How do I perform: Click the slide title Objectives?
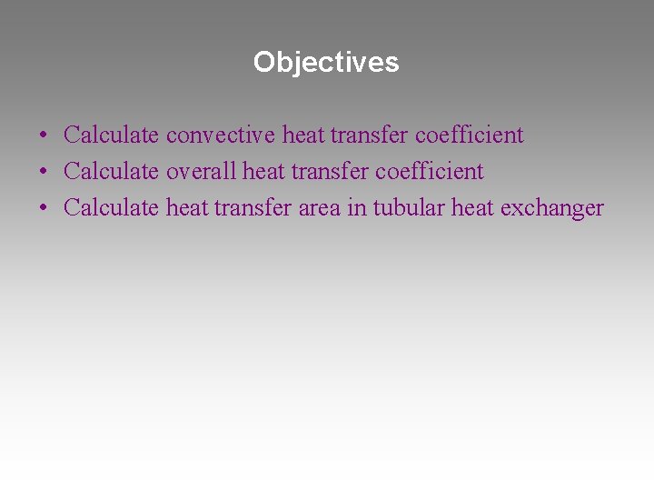[x=326, y=62]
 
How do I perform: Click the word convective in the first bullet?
[x=221, y=135]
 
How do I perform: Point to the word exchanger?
[x=552, y=208]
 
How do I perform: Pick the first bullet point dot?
[x=43, y=136]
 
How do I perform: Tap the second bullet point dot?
[x=43, y=173]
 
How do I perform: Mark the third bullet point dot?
[x=43, y=209]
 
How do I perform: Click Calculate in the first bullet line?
[x=112, y=135]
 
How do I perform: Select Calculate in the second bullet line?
[x=112, y=172]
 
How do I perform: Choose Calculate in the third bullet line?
[x=112, y=208]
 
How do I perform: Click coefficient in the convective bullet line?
[x=470, y=135]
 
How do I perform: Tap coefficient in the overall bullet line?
[x=430, y=172]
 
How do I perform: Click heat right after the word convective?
[x=302, y=135]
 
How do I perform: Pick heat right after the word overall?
[x=263, y=172]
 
